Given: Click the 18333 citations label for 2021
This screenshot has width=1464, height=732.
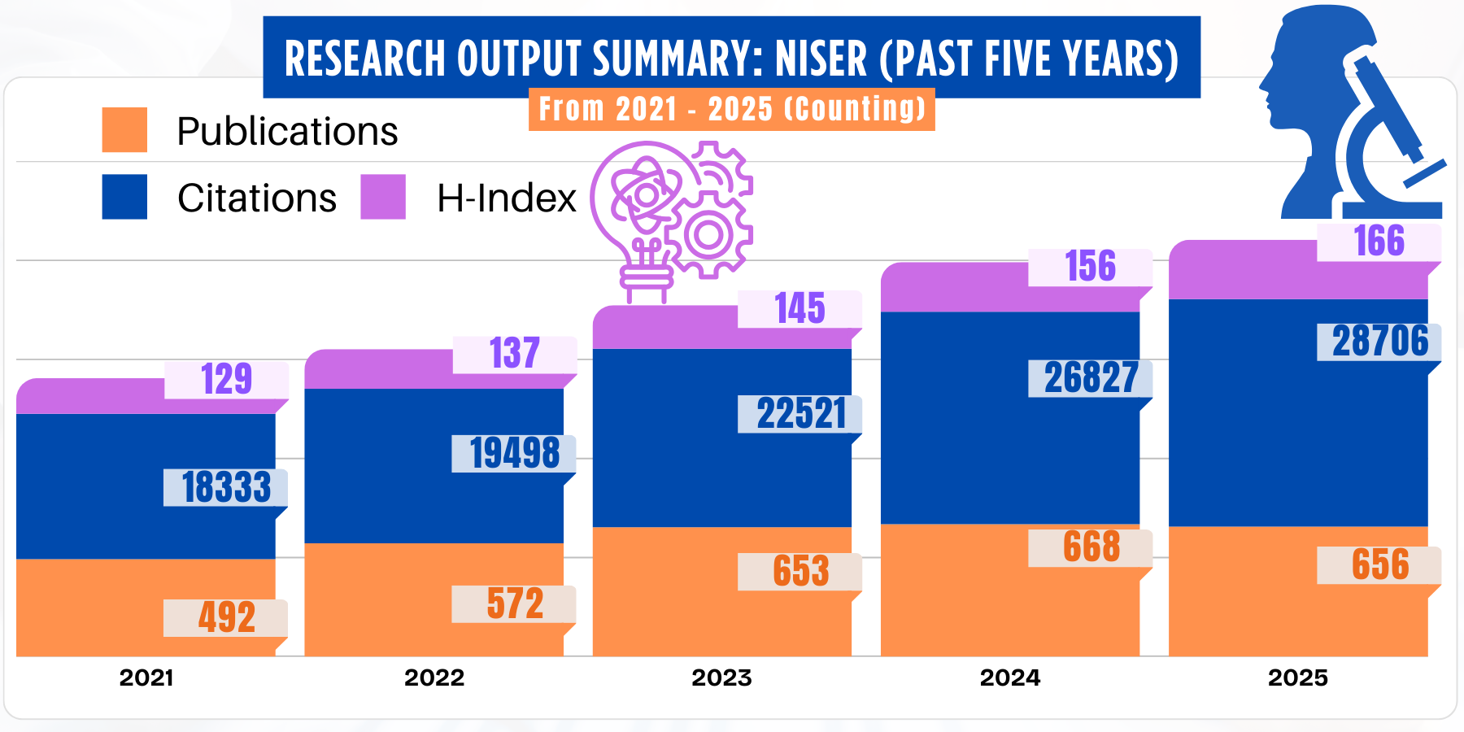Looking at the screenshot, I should [226, 487].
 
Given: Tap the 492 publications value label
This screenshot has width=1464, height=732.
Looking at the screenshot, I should [226, 617].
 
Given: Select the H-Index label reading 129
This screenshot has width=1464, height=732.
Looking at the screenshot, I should [226, 379].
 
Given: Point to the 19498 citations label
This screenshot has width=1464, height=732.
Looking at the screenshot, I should [514, 453].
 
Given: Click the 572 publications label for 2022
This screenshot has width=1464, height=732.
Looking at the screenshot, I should [514, 603].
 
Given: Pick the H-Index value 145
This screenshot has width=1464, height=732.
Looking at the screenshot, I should [800, 309].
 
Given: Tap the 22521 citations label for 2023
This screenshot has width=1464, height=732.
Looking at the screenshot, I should [800, 413].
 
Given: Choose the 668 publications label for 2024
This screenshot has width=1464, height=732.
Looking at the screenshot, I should [1091, 547].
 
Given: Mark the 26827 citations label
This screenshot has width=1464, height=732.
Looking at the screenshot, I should [1091, 378].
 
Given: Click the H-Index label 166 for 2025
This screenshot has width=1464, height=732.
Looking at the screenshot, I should [1379, 242].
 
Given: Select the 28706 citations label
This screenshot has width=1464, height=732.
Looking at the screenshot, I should [1379, 342].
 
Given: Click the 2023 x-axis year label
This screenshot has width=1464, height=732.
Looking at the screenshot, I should [721, 678].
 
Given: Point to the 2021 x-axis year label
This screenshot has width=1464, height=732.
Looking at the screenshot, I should [146, 678].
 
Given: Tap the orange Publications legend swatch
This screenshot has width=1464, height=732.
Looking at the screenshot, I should [124, 130].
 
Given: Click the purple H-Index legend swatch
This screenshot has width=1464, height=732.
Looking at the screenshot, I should [383, 197].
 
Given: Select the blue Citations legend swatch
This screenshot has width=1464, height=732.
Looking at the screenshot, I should [124, 197].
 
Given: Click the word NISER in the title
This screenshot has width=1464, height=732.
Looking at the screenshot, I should [821, 59].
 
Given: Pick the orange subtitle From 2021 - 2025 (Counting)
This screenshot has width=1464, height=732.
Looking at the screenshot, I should [731, 109].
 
